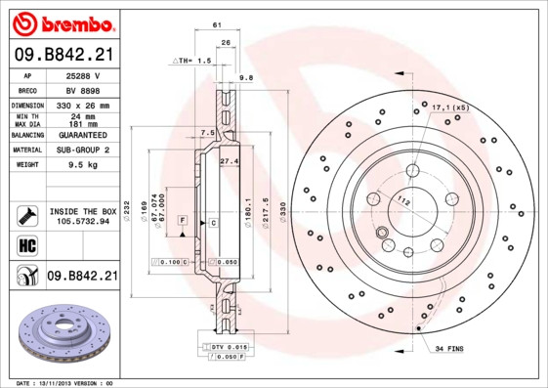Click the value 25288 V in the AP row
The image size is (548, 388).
(84, 75)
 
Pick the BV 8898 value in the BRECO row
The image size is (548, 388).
(84, 89)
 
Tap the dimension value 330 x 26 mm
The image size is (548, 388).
(84, 105)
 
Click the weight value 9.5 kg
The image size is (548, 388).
(84, 165)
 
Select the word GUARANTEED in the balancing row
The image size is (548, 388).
(84, 135)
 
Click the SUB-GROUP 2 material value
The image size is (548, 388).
(84, 150)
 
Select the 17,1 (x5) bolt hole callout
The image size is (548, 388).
(450, 108)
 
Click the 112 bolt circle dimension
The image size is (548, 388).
(403, 201)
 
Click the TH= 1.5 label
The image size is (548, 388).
(192, 61)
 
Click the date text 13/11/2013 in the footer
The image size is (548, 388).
(64, 383)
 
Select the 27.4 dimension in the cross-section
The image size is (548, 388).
(230, 159)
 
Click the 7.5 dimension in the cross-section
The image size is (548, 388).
(207, 132)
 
